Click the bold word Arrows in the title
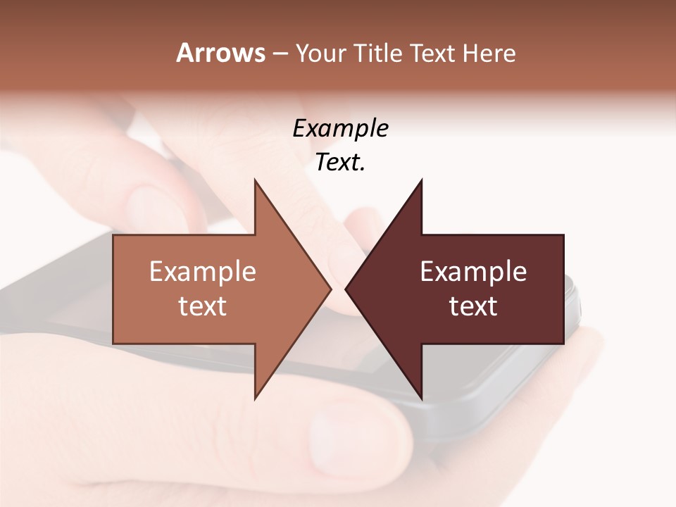220,53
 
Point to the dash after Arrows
280,54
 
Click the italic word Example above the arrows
340,129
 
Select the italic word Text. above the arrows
340,163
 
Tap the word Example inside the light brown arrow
203,272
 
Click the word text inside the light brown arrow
203,306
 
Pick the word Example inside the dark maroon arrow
473,272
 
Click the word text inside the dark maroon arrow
473,306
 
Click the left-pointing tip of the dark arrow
348,289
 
